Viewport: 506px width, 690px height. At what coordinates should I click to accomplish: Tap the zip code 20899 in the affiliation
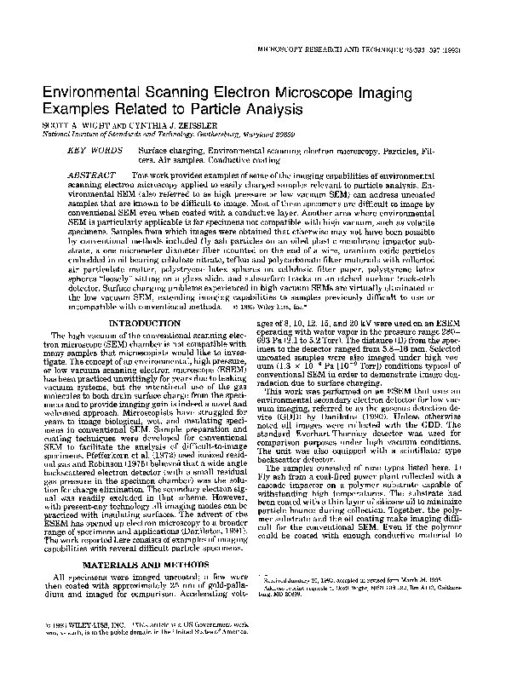tap(289, 134)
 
